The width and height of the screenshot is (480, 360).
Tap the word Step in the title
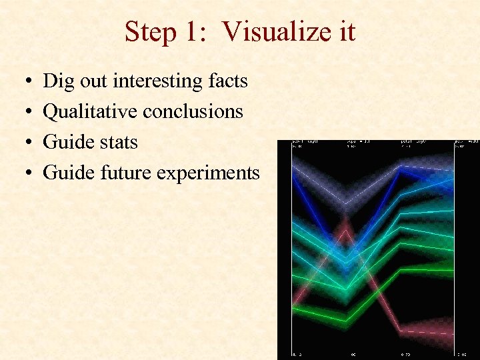[x=149, y=32]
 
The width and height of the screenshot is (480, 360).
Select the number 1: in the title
[x=197, y=32]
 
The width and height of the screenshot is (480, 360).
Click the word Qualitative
[x=90, y=112]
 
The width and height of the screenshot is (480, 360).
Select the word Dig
[x=59, y=81]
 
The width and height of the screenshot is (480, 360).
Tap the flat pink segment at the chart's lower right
[x=427, y=331]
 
